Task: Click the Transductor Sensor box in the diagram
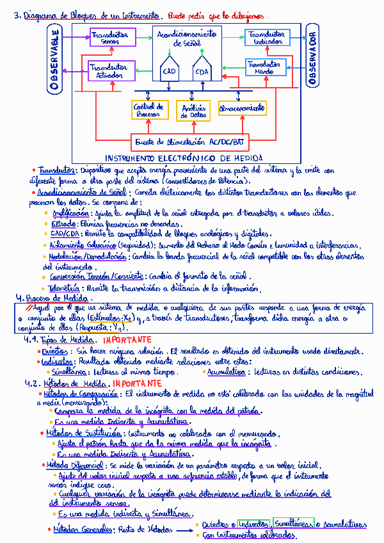click(x=110, y=38)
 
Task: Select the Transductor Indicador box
click(x=267, y=38)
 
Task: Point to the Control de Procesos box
click(x=149, y=110)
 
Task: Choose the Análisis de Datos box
click(x=193, y=111)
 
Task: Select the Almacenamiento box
click(x=242, y=108)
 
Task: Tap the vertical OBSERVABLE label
click(x=55, y=59)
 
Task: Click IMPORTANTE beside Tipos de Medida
click(x=127, y=339)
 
